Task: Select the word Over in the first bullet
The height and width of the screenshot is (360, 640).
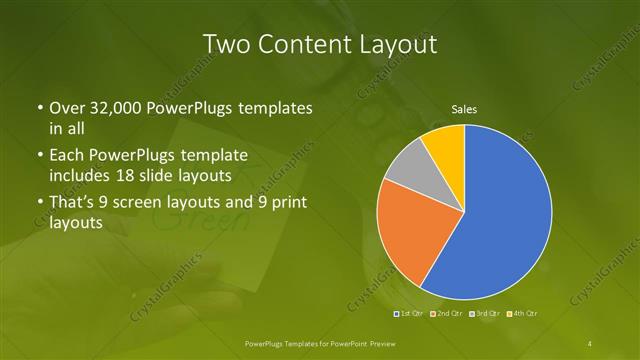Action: pyautogui.click(x=67, y=107)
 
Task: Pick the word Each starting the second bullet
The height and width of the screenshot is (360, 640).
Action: pyautogui.click(x=67, y=155)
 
